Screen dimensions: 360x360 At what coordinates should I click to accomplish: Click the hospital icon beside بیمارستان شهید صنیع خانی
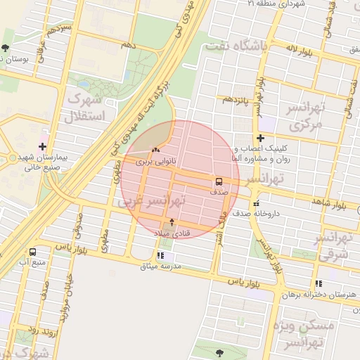coord(43,146)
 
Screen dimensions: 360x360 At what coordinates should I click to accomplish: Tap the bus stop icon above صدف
coord(219,181)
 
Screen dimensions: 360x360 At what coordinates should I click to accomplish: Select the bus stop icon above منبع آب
coord(33,252)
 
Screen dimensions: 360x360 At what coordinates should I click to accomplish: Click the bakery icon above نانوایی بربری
coord(155,150)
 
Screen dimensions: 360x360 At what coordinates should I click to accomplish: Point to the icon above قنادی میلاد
coord(172,221)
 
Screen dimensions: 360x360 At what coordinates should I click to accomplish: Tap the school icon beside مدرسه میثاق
coord(161,256)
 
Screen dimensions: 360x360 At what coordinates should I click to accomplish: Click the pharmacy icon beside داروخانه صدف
coord(255,202)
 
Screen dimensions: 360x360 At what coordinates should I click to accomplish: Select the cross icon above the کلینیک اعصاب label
coord(260,139)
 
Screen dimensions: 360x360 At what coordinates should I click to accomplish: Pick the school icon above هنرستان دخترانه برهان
coord(320,283)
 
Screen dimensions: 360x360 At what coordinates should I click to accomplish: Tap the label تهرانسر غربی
coord(151,201)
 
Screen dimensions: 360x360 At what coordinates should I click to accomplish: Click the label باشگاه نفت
coord(235,46)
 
